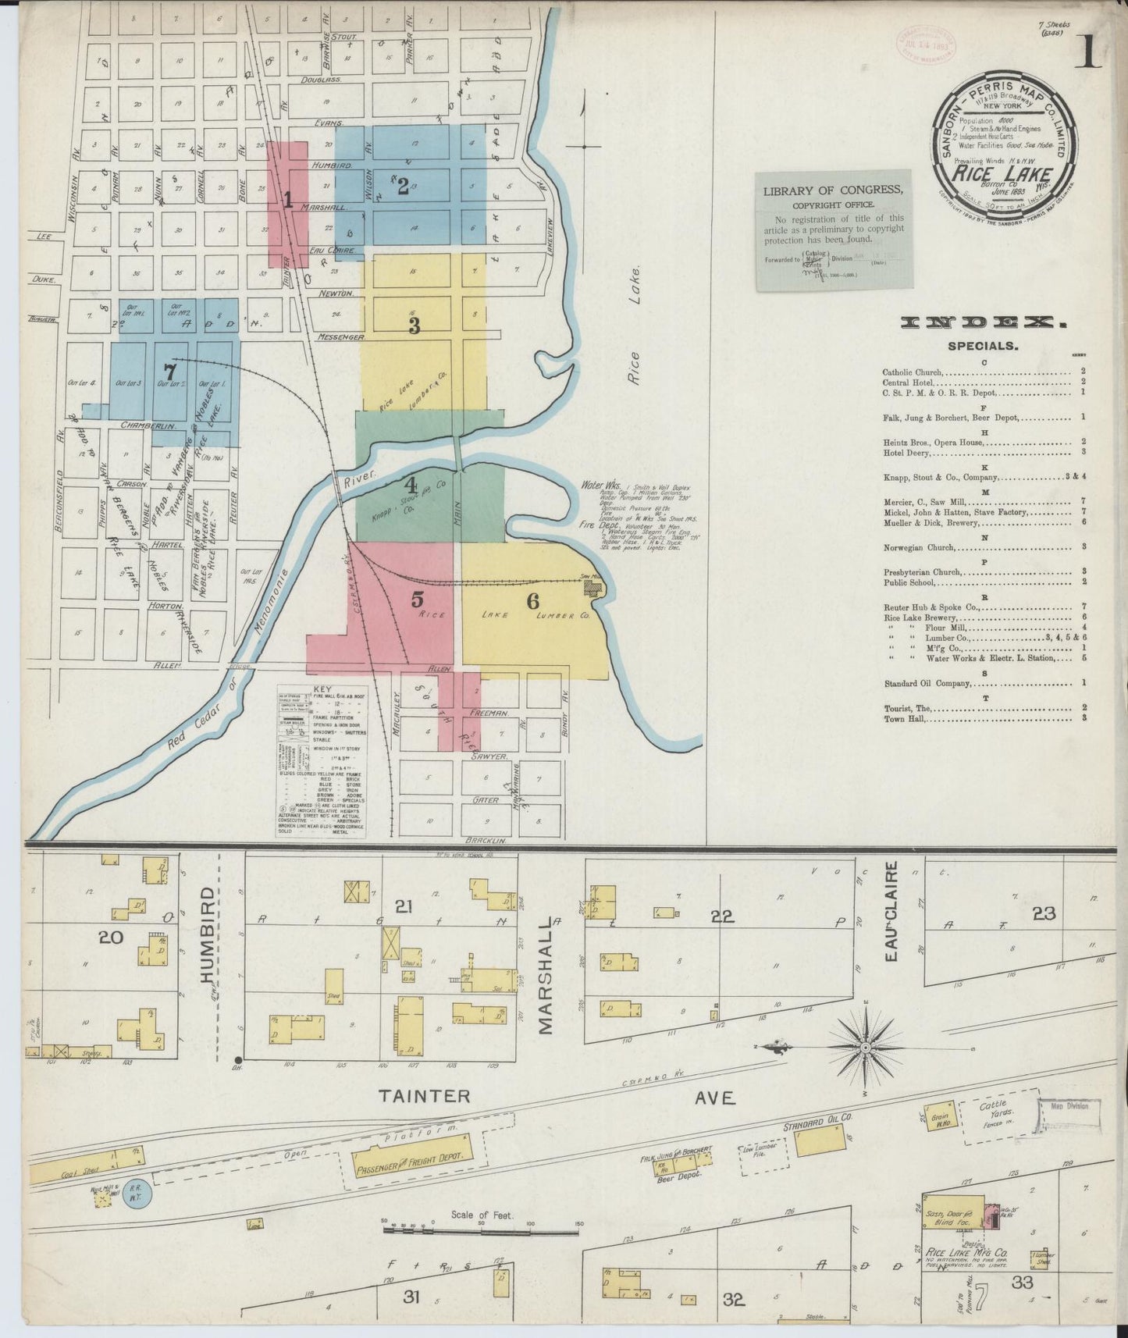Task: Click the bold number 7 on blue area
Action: pos(169,372)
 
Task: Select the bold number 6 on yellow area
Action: pos(532,600)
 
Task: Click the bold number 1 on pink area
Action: pos(287,201)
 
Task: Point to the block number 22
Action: pos(722,916)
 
